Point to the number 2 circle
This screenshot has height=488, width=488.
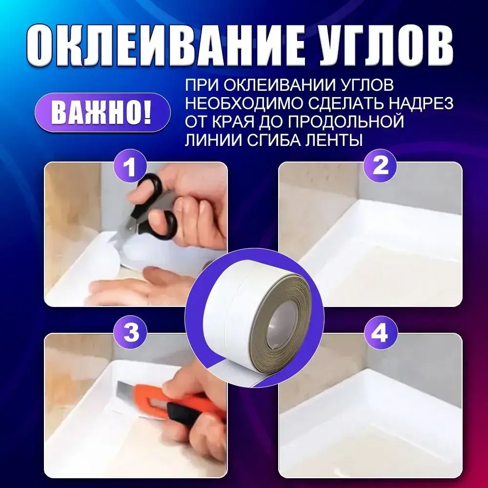coord(380,166)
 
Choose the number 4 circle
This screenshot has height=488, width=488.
coord(380,334)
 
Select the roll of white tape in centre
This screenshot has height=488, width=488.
coord(254,317)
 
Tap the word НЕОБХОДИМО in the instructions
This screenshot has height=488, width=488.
coord(235,103)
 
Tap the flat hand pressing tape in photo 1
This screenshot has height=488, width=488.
coord(142,288)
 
